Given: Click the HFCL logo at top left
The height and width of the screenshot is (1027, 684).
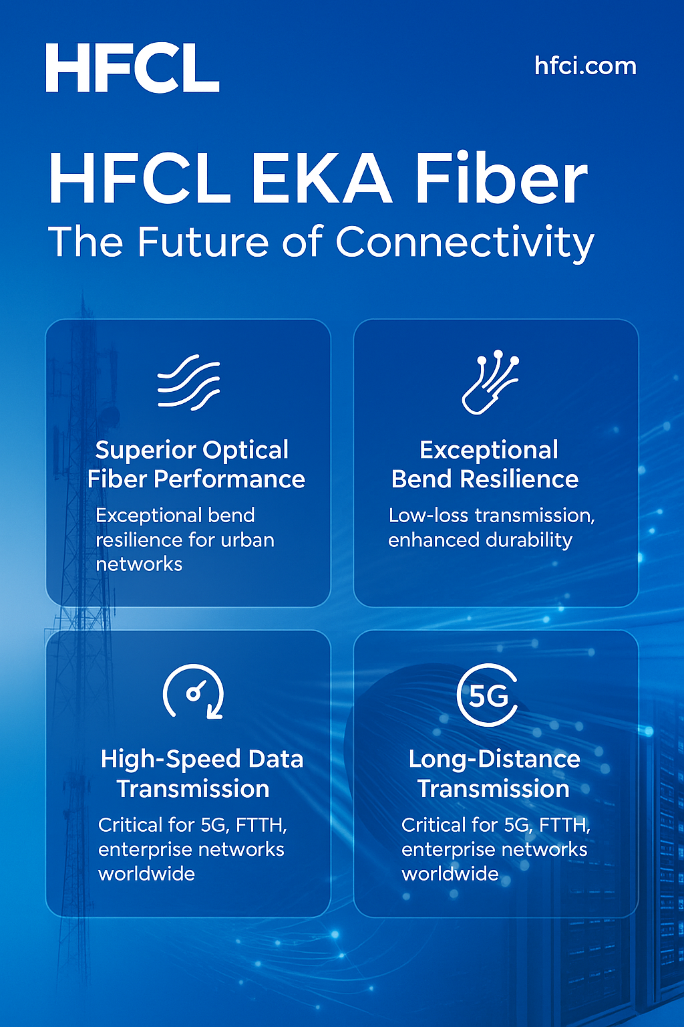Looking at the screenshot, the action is pyautogui.click(x=132, y=68).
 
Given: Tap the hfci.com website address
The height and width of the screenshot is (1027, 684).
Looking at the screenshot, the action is pyautogui.click(x=586, y=66).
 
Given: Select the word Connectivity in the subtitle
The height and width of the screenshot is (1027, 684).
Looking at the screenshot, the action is pyautogui.click(x=464, y=243).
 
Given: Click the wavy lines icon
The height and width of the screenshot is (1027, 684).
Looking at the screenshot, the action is pyautogui.click(x=189, y=382).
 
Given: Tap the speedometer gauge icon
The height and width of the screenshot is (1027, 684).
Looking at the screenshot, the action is pyautogui.click(x=194, y=691).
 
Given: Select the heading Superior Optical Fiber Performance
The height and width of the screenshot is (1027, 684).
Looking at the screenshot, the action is pyautogui.click(x=196, y=465).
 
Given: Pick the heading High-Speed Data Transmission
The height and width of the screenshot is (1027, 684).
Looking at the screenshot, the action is pyautogui.click(x=202, y=774).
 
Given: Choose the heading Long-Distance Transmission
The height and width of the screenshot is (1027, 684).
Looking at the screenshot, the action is pyautogui.click(x=494, y=774).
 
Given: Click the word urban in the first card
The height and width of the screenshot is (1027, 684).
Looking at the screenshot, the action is pyautogui.click(x=247, y=540).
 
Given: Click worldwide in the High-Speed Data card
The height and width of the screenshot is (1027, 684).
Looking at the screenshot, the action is pyautogui.click(x=146, y=874).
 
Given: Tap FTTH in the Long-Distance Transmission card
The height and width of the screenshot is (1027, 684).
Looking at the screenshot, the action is pyautogui.click(x=565, y=825).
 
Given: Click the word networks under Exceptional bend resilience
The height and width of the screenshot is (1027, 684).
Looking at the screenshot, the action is pyautogui.click(x=139, y=564).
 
